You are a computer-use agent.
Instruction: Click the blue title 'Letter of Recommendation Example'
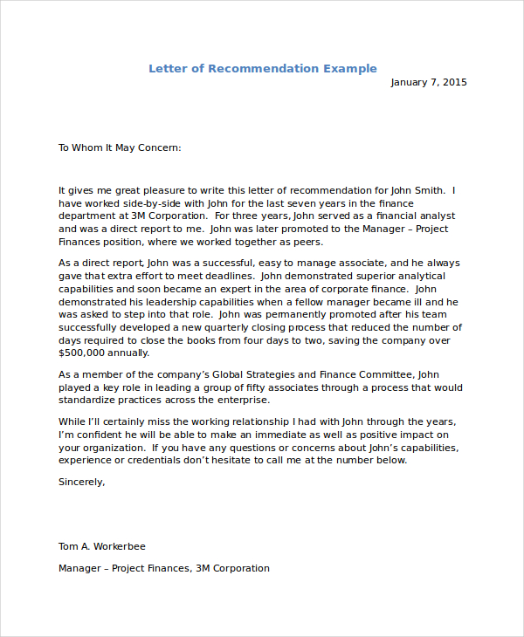262,69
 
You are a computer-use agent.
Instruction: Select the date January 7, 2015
428,83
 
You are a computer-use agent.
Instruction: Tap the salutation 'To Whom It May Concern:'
120,147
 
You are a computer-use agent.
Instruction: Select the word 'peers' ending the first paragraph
307,242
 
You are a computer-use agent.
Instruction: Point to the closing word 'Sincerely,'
81,481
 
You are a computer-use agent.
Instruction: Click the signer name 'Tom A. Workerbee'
102,546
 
